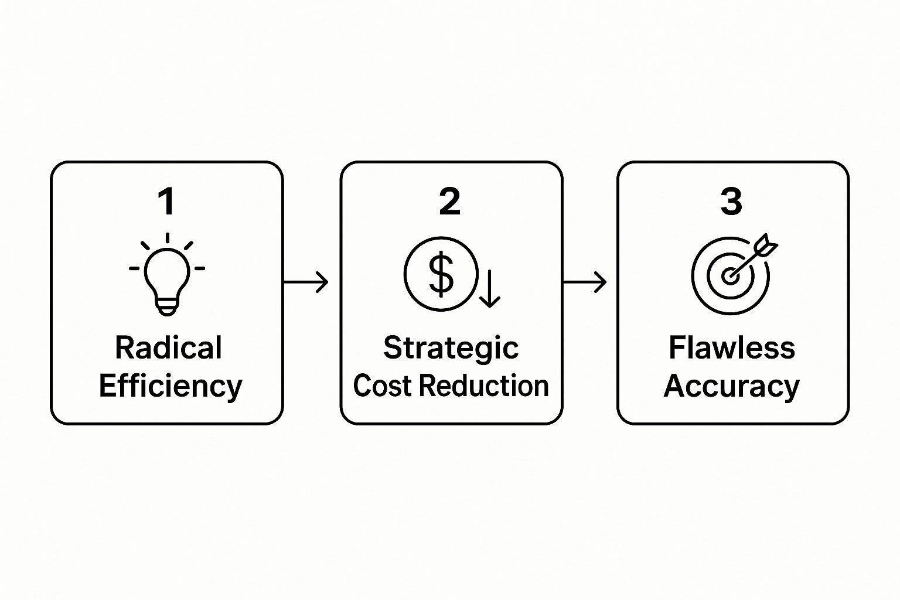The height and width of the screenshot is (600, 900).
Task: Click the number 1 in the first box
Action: (x=167, y=202)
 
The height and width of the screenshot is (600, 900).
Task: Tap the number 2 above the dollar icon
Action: (x=449, y=202)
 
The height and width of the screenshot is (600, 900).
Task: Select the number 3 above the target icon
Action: (x=731, y=202)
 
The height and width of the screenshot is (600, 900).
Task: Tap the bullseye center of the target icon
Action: (x=729, y=275)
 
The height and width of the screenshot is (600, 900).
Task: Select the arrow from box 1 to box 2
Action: (x=306, y=282)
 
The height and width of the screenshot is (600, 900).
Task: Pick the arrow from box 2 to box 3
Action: (x=584, y=282)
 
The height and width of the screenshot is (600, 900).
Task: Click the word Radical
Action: (x=168, y=348)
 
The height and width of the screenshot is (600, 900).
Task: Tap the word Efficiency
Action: (x=170, y=387)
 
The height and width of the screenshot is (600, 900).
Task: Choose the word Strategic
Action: (x=451, y=349)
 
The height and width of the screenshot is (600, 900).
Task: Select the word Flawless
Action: (x=732, y=348)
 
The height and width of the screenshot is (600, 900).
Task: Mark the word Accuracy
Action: (x=732, y=387)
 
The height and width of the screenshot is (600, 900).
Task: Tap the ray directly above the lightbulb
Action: (x=168, y=238)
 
